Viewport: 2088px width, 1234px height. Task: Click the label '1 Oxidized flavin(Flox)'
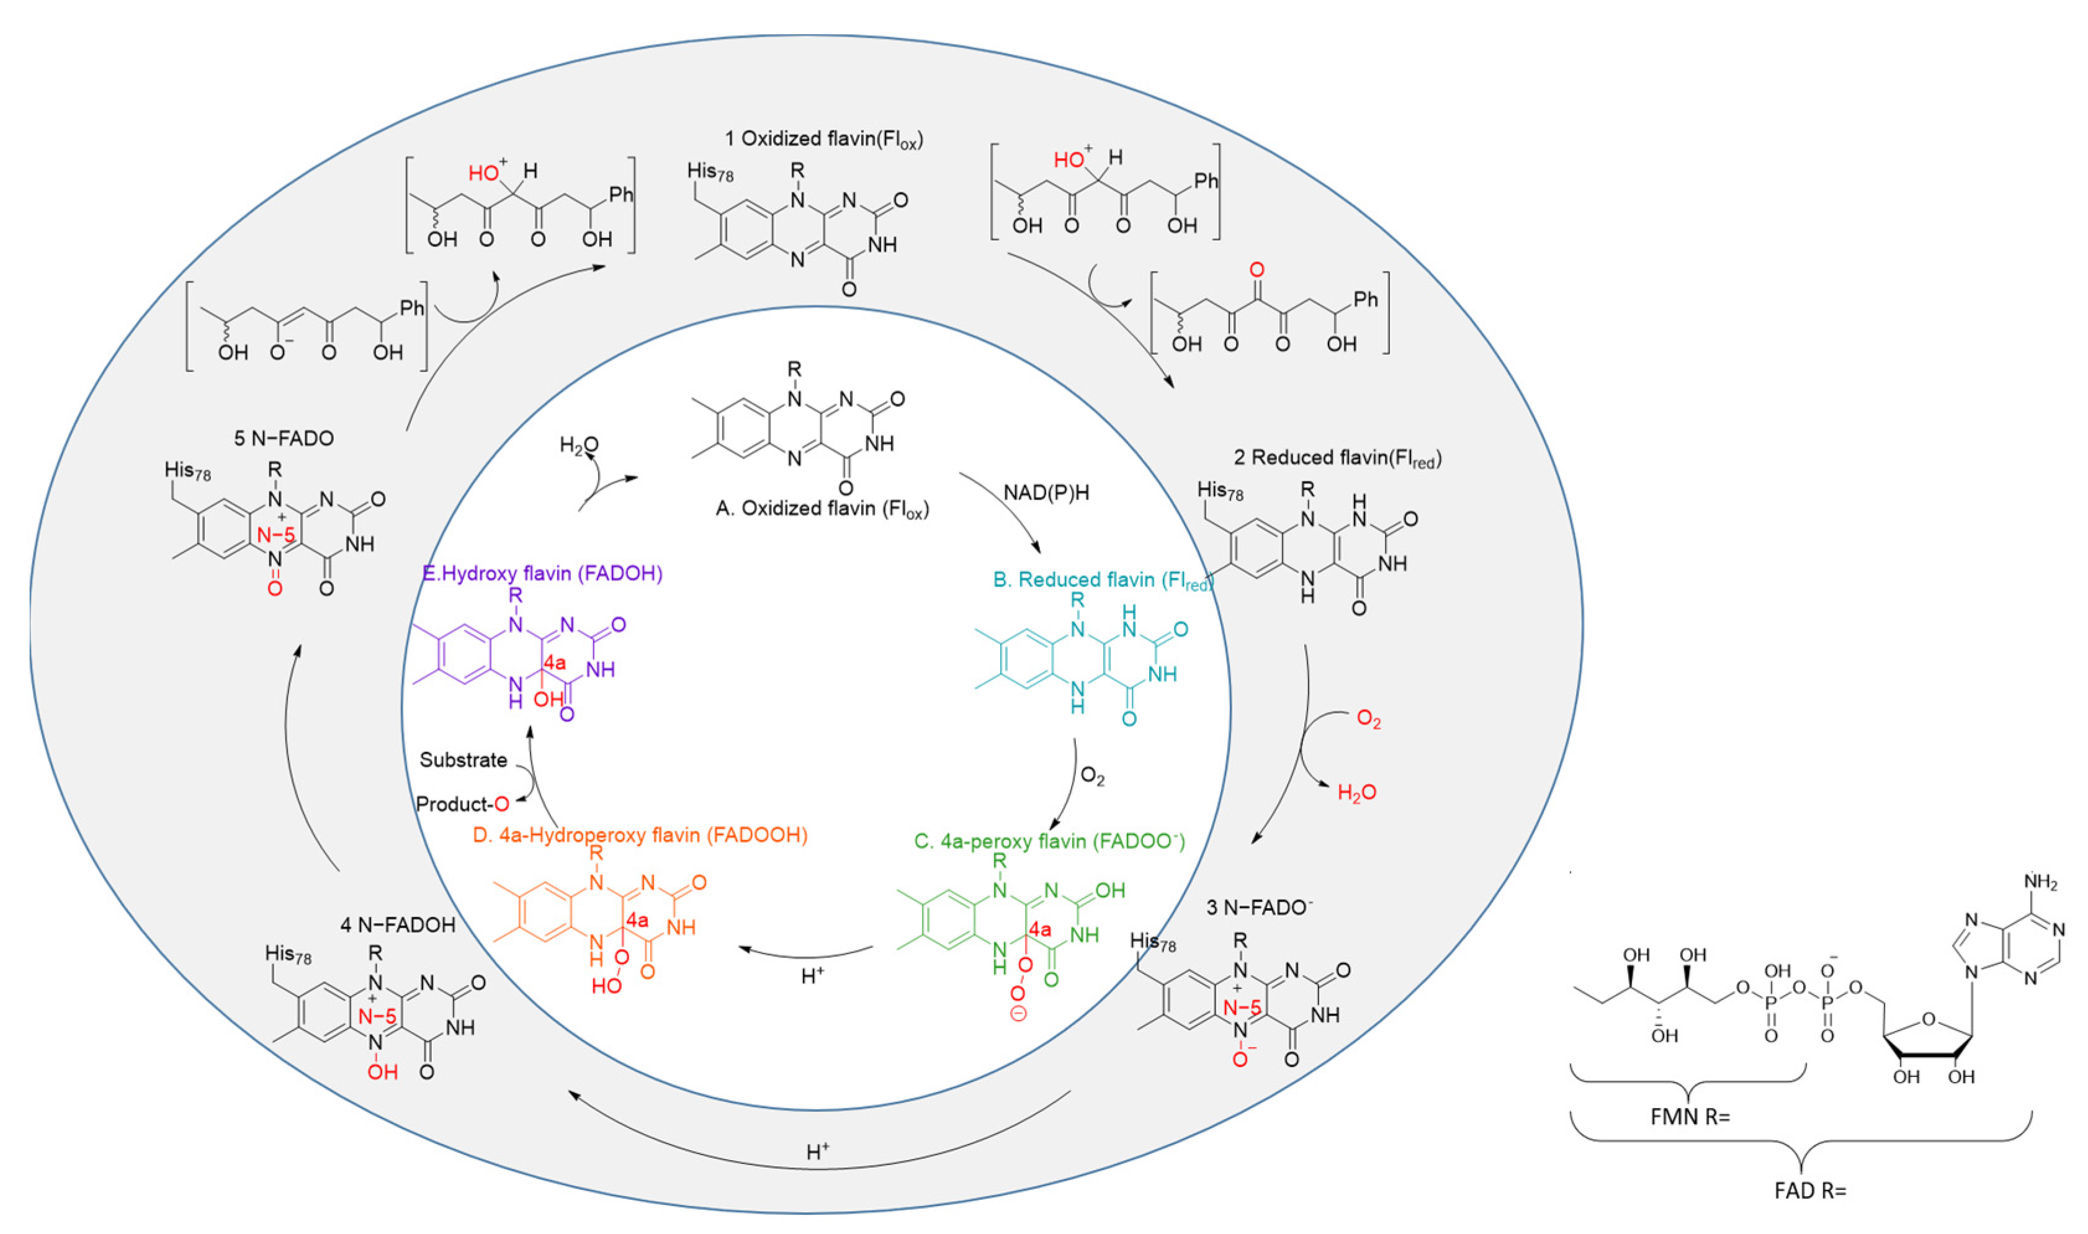[823, 139]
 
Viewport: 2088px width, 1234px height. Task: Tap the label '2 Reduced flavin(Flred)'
[1337, 458]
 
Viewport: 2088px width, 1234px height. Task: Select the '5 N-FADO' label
[284, 438]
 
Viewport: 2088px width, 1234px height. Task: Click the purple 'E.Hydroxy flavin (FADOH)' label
[542, 574]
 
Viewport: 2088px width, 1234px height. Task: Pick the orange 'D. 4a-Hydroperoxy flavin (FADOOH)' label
[640, 835]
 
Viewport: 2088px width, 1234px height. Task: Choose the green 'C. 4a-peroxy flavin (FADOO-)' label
[1049, 841]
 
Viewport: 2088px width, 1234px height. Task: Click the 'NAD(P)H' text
[1046, 493]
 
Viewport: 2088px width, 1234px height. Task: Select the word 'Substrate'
[463, 760]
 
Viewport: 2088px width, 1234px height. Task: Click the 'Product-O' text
[462, 804]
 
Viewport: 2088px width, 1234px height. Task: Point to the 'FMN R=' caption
[1689, 1117]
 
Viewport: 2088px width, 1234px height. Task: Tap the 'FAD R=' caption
[1809, 1191]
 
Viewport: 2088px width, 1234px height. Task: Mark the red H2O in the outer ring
[1356, 792]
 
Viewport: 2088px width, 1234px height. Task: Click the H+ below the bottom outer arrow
[817, 1151]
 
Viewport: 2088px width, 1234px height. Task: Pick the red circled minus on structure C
[1018, 1014]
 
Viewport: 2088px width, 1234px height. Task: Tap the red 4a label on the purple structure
[555, 663]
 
